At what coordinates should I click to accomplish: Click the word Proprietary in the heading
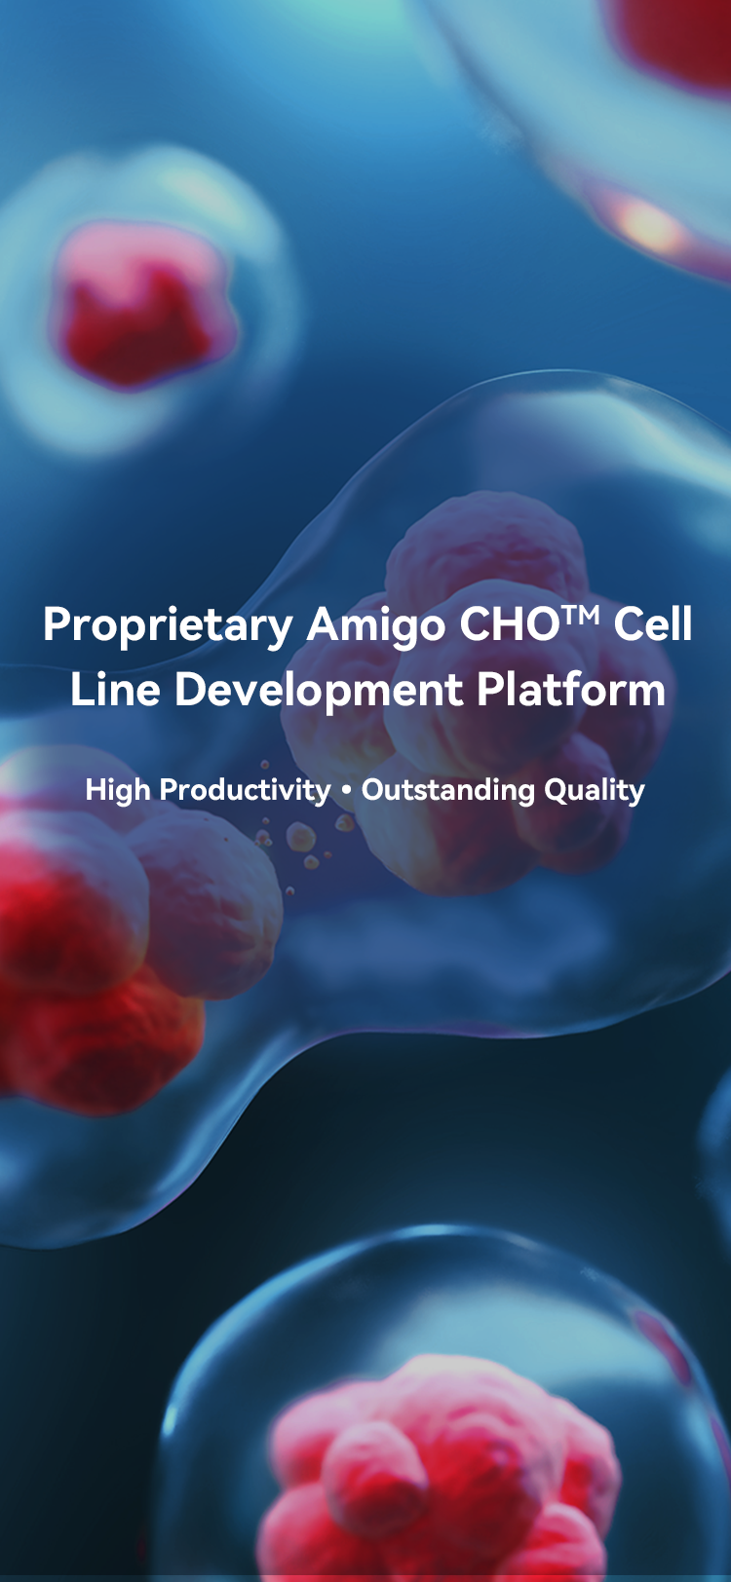tap(169, 625)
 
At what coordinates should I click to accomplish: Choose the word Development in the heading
tap(319, 691)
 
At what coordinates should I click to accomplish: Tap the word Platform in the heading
tap(571, 689)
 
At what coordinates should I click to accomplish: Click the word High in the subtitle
tap(117, 790)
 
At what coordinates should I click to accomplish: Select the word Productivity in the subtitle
tap(245, 790)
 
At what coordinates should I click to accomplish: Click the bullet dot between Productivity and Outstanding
tap(346, 791)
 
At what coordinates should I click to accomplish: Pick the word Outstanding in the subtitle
tap(448, 790)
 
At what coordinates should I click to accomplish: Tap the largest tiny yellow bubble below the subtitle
tap(300, 838)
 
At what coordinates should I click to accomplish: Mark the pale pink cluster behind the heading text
tap(481, 692)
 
